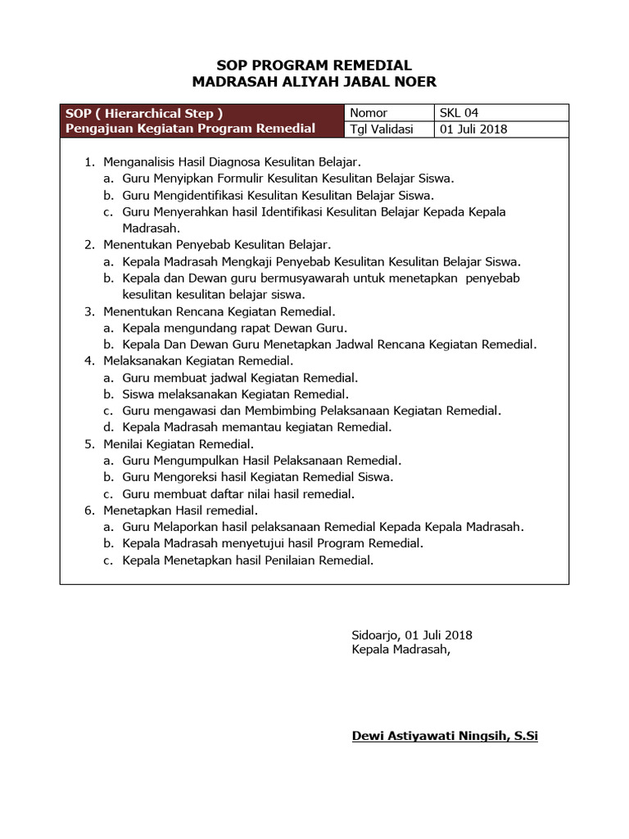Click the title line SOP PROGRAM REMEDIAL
(x=314, y=66)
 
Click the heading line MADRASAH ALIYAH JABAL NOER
(x=314, y=81)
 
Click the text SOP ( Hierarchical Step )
(x=144, y=113)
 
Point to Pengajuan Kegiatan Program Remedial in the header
(x=190, y=129)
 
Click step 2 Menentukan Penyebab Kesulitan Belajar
(x=217, y=244)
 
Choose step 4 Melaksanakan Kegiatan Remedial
(x=198, y=361)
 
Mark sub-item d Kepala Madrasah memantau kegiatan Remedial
(x=256, y=427)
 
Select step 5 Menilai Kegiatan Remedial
(x=178, y=444)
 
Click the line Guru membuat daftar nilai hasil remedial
(x=238, y=493)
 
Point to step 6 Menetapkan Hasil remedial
(x=181, y=510)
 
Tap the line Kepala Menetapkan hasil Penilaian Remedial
(x=247, y=560)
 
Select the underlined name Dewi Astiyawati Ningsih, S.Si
(x=445, y=736)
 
